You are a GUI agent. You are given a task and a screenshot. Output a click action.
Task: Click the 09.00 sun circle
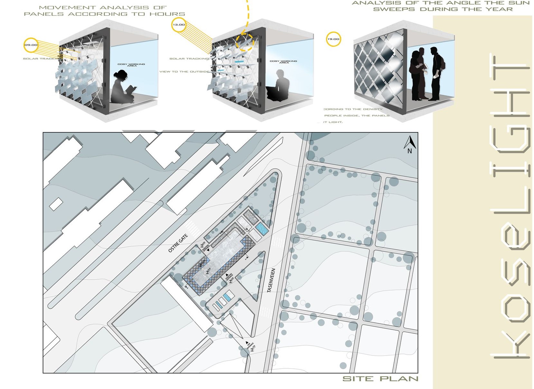pyautogui.click(x=31, y=45)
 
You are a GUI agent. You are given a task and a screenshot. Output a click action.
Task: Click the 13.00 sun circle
pyautogui.click(x=179, y=24)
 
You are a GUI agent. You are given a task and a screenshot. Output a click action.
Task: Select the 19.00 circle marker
pyautogui.click(x=333, y=39)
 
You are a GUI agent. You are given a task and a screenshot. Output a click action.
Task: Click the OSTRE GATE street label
pyautogui.click(x=178, y=243)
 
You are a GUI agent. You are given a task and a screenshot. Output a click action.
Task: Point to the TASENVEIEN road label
pyautogui.click(x=271, y=280)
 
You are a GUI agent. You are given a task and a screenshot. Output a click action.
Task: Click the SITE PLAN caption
pyautogui.click(x=380, y=379)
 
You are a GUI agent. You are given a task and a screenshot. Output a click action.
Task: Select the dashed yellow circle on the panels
pyautogui.click(x=245, y=42)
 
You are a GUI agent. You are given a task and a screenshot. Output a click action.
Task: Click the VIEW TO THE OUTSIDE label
pyautogui.click(x=184, y=71)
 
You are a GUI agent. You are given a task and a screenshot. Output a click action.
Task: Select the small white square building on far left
pyautogui.click(x=56, y=204)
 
